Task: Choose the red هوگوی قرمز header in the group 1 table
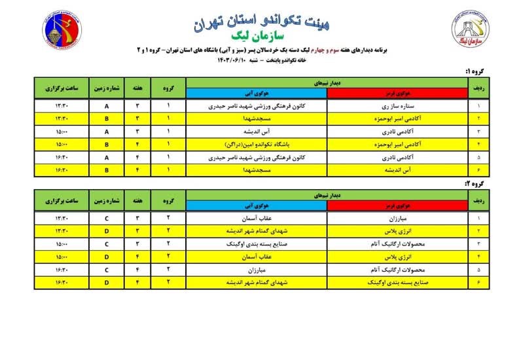(397, 94)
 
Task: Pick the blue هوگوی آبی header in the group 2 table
(257, 206)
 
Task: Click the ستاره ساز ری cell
(397, 105)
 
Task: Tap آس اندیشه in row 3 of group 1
(257, 130)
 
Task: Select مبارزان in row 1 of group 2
(397, 218)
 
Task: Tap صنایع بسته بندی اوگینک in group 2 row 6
(397, 281)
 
